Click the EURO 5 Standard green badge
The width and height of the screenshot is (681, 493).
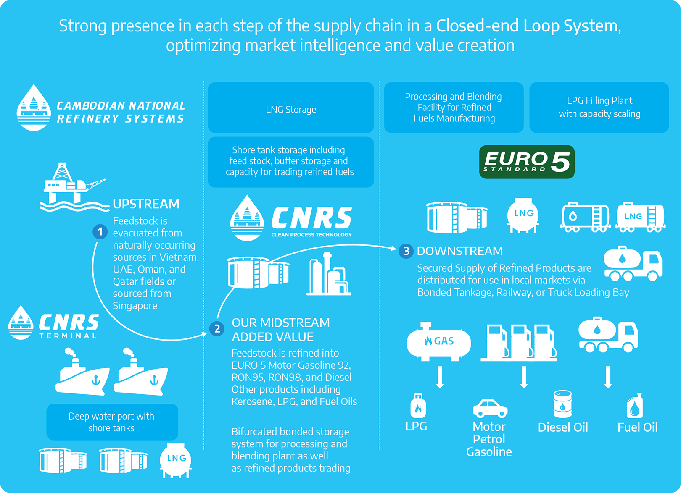[527, 162]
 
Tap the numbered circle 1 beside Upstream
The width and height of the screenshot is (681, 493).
[100, 231]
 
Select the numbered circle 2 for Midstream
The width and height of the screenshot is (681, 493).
[217, 328]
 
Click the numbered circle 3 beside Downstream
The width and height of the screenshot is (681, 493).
[406, 251]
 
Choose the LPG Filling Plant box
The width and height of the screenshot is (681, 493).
[599, 108]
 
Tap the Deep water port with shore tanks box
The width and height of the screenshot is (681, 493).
[112, 422]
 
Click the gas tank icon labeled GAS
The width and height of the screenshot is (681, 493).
[438, 342]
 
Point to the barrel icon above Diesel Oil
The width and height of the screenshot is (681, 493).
[562, 404]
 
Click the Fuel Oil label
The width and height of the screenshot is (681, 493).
[637, 427]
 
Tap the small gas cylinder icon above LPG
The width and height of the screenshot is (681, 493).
[418, 406]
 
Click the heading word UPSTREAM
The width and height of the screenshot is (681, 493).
[146, 204]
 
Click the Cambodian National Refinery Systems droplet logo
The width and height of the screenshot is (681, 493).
[34, 108]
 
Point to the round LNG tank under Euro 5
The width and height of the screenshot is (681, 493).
[523, 215]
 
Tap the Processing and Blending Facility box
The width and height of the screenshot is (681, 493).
[454, 108]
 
